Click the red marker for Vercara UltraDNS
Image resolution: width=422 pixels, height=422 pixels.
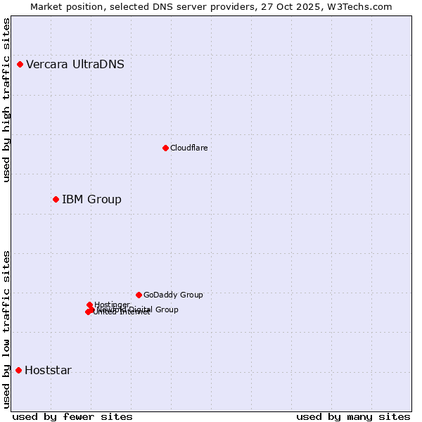20,65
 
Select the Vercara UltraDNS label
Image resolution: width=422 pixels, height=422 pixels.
75,65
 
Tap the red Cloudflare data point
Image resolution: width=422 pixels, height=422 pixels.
165,148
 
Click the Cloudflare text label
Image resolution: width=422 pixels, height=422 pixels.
188,148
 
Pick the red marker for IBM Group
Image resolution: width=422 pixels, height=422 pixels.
56,199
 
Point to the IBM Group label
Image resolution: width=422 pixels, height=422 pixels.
91,199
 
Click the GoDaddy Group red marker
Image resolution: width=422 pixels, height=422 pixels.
139,295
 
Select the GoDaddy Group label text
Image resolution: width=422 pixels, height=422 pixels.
173,295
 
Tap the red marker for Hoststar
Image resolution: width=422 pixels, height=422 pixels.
18,370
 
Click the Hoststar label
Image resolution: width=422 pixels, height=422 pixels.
48,371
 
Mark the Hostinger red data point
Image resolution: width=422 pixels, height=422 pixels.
89,305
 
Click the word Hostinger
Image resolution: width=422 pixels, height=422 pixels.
113,305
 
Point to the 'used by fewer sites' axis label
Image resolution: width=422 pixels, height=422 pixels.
72,416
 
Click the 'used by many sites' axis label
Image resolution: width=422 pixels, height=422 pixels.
353,416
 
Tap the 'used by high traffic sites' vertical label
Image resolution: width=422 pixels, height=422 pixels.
6,100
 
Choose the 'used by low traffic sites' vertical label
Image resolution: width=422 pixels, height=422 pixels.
6,329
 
